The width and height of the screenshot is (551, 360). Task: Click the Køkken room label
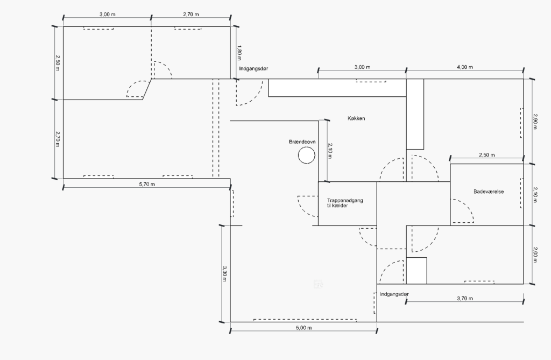click(356, 118)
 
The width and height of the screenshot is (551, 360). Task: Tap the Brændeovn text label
click(302, 142)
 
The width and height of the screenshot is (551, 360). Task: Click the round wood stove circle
click(306, 156)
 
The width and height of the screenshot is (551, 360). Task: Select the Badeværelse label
click(489, 192)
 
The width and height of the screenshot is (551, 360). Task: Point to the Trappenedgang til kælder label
click(345, 203)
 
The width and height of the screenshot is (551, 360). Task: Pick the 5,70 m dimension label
click(147, 184)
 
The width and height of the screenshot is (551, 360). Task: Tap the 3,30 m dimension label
click(224, 273)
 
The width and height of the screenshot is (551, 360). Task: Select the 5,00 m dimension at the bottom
click(304, 328)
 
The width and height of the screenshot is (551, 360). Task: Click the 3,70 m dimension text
click(465, 299)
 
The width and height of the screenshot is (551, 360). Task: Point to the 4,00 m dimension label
click(465, 67)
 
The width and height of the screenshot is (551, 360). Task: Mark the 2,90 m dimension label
click(535, 121)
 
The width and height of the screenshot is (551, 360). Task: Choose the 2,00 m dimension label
click(535, 255)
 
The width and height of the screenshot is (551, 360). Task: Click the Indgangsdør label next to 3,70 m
click(394, 294)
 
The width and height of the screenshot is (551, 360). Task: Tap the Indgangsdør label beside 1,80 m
click(254, 68)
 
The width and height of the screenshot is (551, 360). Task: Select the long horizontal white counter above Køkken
click(337, 88)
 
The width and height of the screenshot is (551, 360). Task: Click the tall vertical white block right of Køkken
click(415, 114)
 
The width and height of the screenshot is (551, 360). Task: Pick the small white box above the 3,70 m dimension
click(417, 271)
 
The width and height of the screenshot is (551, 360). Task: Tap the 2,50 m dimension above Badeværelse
click(486, 155)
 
